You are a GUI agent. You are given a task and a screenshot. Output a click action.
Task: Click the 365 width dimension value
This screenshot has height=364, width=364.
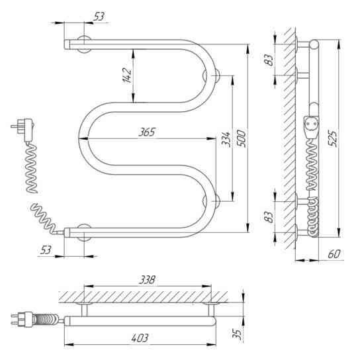click(x=147, y=132)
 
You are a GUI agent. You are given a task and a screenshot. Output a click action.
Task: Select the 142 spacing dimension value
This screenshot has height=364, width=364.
click(x=127, y=75)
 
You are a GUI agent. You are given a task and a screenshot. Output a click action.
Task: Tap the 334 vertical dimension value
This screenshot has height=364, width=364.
click(x=226, y=139)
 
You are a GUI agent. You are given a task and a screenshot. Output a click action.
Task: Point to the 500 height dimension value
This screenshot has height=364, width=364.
click(x=241, y=138)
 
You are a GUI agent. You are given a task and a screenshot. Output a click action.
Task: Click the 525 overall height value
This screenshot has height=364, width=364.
click(x=332, y=138)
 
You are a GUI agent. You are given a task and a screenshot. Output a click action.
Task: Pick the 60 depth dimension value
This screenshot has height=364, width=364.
click(x=334, y=253)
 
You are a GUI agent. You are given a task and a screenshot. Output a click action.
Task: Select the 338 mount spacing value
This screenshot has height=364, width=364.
click(x=147, y=280)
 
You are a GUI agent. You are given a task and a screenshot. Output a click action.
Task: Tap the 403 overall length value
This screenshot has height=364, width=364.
click(x=140, y=338)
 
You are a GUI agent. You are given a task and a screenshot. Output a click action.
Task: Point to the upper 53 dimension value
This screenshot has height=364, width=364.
click(x=99, y=17)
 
